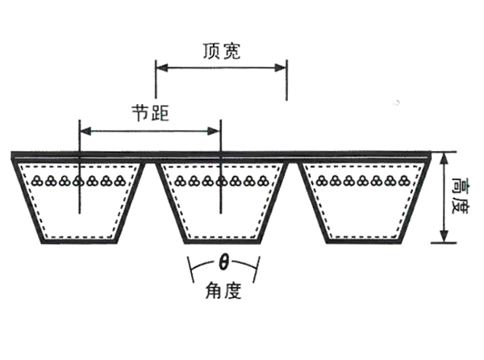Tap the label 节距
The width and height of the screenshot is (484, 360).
click(x=150, y=111)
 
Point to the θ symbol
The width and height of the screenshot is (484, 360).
click(x=223, y=262)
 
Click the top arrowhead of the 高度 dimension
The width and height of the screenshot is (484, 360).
click(x=443, y=158)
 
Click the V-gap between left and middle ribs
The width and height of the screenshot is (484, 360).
click(x=150, y=194)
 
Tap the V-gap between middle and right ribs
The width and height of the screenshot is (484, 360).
click(x=294, y=194)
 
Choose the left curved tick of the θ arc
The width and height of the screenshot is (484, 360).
click(x=191, y=266)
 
